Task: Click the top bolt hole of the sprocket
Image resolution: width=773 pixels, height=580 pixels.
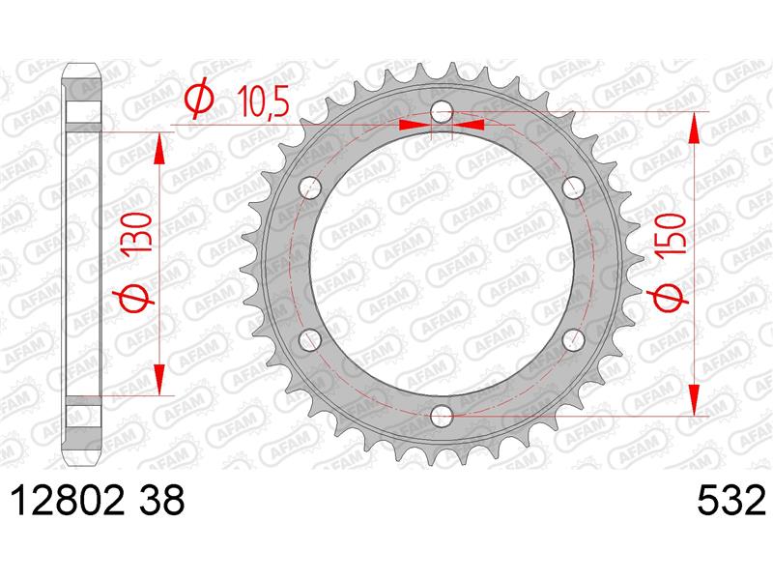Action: click(x=442, y=112)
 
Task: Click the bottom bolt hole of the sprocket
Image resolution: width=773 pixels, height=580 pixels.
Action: click(x=442, y=416)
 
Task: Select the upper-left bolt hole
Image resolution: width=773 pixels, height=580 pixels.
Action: click(x=310, y=188)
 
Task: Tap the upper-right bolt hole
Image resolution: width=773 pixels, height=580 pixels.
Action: click(x=573, y=188)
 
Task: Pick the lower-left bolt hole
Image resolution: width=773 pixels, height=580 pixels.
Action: click(x=310, y=340)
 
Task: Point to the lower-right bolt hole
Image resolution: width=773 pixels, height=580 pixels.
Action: click(x=573, y=340)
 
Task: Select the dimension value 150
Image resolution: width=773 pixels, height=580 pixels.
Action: click(x=671, y=234)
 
